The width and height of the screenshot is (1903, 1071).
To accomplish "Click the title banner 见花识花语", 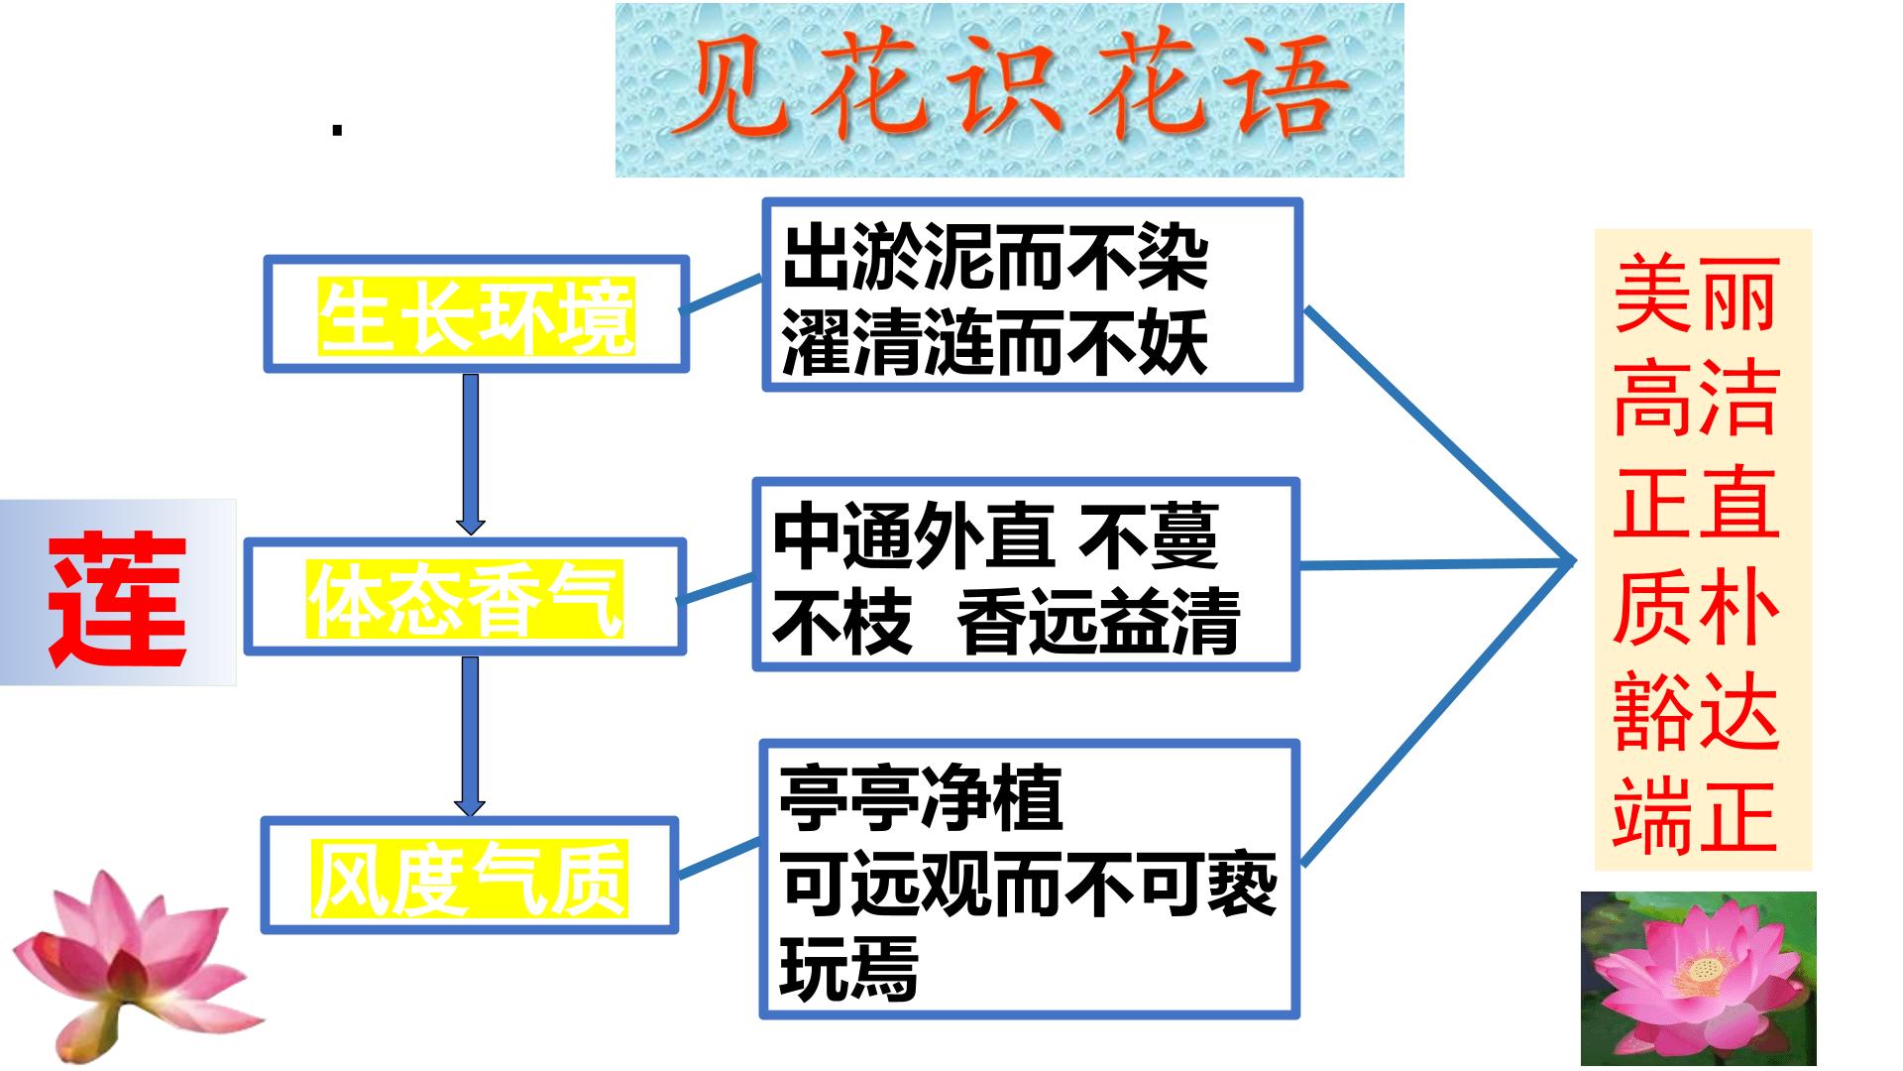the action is point(1009,90).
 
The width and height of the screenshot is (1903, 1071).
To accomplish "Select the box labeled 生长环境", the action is point(476,314).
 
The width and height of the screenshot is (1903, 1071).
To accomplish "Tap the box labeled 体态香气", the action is point(465,597).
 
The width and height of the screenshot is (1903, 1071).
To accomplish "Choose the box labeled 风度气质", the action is point(470,876).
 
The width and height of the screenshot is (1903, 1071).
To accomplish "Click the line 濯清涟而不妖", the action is point(995,344).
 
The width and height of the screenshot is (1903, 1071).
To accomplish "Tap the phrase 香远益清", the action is point(1098,623).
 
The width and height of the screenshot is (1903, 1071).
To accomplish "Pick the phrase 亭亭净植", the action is point(921,798).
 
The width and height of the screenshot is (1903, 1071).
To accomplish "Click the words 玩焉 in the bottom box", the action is point(848,968).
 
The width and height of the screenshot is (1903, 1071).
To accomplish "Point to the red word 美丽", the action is point(1696,295).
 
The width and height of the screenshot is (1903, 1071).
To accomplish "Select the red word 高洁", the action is point(1696,399).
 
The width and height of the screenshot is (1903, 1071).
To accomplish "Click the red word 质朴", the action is point(1696,607).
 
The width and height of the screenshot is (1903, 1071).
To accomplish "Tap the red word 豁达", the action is point(1696,711).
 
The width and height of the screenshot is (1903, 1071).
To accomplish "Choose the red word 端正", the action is point(1696,815).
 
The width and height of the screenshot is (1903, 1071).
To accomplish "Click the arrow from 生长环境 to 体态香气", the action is point(471,454).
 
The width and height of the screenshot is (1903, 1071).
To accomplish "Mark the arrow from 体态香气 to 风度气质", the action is point(470,736).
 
